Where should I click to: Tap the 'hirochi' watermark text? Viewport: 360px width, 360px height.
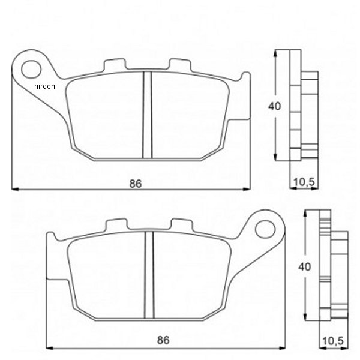tap(44, 86)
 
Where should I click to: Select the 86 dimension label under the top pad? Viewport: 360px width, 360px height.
tap(136, 184)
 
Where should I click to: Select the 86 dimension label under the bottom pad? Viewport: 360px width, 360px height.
tap(162, 340)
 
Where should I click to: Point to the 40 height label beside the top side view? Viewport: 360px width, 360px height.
tap(274, 107)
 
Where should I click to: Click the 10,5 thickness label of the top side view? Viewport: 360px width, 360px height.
tap(302, 181)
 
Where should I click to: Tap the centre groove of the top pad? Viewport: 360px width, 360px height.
tap(146, 114)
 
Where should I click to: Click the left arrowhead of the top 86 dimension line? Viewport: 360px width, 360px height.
tap(15, 188)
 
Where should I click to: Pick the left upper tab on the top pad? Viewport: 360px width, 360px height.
tap(114, 65)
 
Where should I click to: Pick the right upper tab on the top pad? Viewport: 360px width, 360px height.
tap(179, 65)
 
